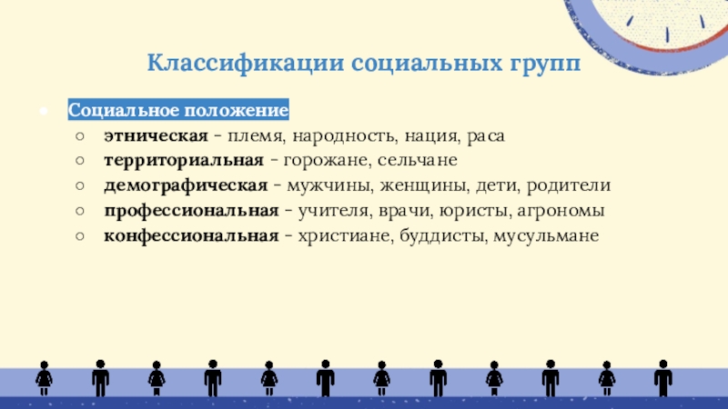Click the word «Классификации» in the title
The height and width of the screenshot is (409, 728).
coord(246,63)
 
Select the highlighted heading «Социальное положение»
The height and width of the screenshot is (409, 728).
coord(178,110)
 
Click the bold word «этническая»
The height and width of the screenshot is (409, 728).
coord(156,135)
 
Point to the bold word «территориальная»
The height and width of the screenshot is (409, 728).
coord(184,161)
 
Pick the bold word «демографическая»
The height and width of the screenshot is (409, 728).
coord(186,185)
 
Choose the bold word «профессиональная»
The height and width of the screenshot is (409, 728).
coord(191,211)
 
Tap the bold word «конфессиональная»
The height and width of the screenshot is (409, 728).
coord(191,236)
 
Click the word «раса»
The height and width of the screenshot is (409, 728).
coord(486,136)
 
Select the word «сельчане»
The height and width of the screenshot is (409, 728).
coord(418,161)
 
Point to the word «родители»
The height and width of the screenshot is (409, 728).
coord(569,185)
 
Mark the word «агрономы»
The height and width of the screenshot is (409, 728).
coord(561,212)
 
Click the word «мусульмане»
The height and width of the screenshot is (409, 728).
coord(546,236)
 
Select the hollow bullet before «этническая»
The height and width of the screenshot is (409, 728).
coord(80,135)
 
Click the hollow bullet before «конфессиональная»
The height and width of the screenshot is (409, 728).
coord(80,236)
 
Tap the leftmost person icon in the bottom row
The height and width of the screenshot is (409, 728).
coord(44,378)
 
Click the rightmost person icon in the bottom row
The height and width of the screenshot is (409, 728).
coord(663,378)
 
